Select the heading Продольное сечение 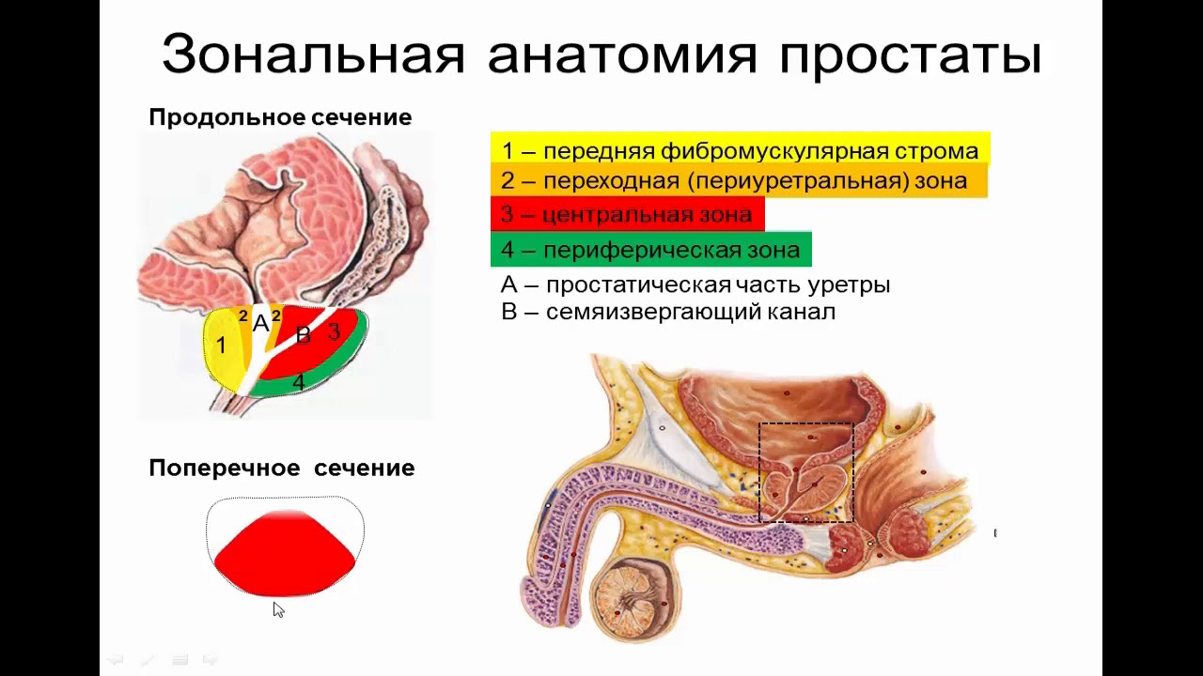[x=280, y=117]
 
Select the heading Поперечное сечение [x=281, y=468]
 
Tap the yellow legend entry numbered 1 [x=740, y=150]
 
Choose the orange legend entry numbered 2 [x=738, y=180]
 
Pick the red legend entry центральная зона [x=627, y=214]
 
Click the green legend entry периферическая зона [x=650, y=250]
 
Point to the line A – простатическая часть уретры [x=695, y=284]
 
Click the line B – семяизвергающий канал [x=668, y=312]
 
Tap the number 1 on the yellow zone [x=221, y=346]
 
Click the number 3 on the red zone [x=334, y=331]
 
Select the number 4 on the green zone [x=298, y=382]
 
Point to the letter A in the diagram [x=260, y=324]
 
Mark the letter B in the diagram [x=303, y=335]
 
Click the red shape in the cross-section [x=285, y=554]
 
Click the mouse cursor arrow [x=277, y=608]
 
